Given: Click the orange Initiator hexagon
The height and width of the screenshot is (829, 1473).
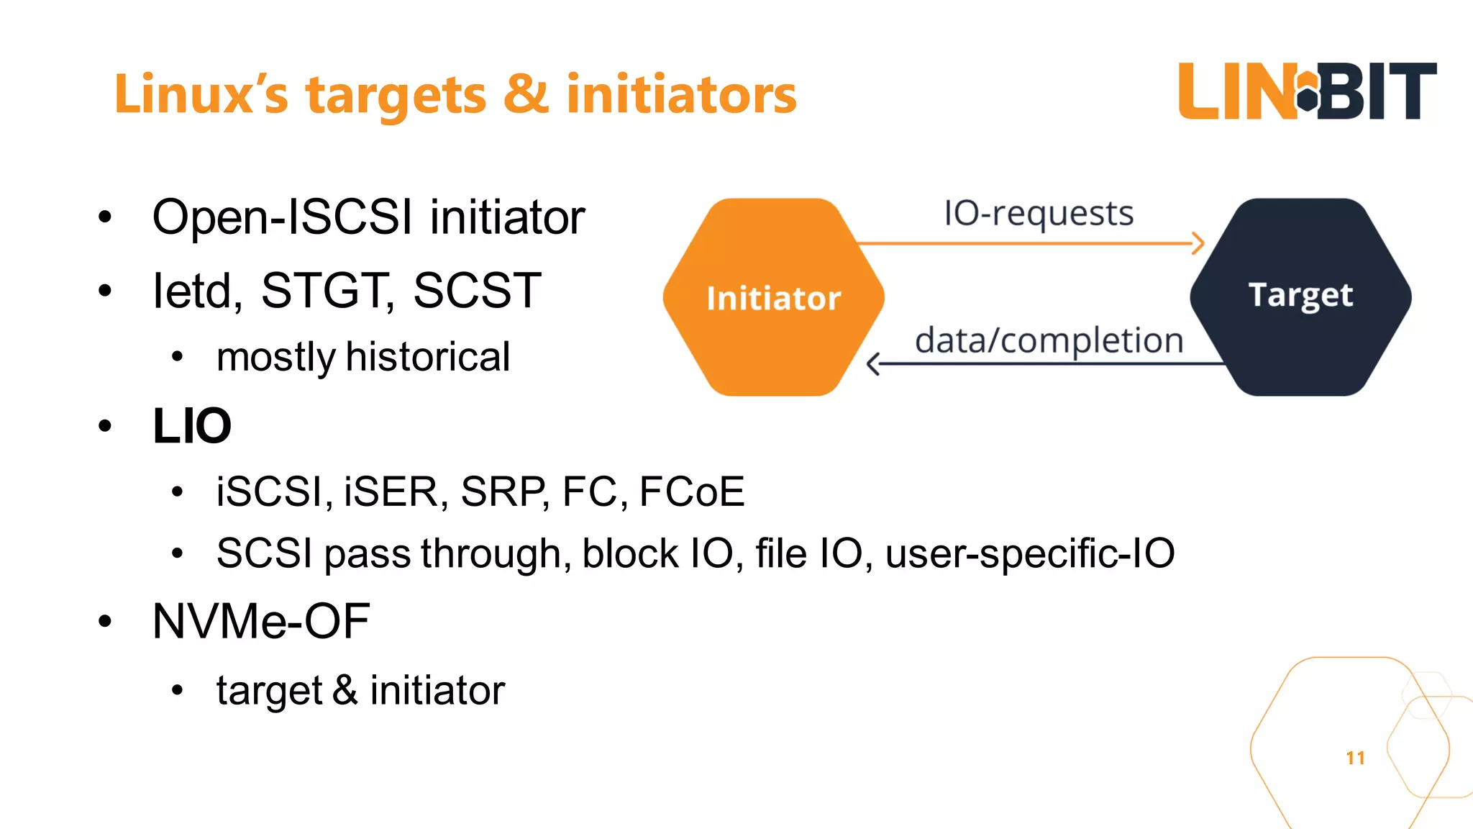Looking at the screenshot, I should [773, 297].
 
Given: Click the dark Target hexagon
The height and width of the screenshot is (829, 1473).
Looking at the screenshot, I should [1300, 296].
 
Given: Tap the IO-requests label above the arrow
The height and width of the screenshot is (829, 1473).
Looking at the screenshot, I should [1038, 214].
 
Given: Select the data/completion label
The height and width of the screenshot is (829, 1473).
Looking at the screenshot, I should [1049, 340].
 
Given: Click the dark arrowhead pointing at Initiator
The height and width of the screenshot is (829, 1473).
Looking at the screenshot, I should [873, 364].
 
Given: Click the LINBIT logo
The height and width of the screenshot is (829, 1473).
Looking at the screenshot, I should [1307, 91].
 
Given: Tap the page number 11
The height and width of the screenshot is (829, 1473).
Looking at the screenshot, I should [1355, 758].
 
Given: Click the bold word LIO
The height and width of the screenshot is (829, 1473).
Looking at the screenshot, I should [192, 426].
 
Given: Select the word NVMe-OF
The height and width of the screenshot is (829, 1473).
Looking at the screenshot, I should [261, 621].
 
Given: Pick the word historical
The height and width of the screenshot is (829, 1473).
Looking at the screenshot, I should [428, 357].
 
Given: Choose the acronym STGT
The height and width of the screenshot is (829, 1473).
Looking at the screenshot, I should [327, 291].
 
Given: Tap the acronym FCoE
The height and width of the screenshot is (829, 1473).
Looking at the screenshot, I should [691, 492].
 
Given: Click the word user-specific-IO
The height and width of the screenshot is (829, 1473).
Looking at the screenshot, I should [1029, 554].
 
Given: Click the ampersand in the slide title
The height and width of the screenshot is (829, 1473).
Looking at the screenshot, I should [526, 94].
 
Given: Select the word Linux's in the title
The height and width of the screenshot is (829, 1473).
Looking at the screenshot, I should [201, 94].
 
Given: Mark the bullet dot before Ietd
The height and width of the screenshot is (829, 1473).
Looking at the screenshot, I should [106, 291].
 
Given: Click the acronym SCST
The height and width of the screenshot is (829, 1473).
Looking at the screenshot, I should [477, 291].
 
